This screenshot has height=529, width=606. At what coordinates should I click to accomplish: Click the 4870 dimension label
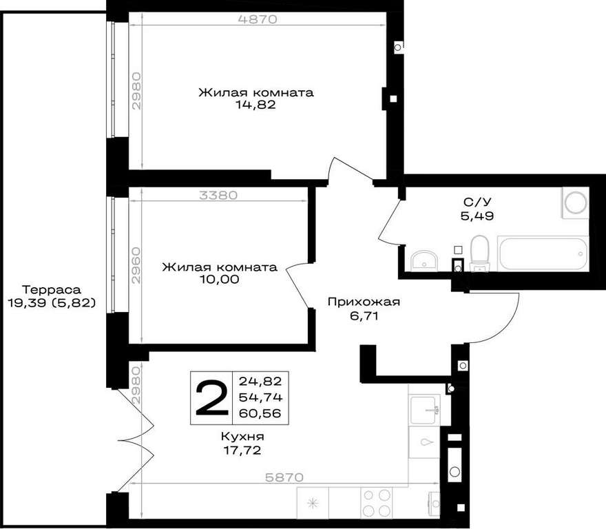(x=258, y=19)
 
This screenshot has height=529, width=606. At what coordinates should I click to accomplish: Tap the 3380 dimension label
(x=218, y=196)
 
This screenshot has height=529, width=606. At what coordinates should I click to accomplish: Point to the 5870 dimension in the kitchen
(x=284, y=477)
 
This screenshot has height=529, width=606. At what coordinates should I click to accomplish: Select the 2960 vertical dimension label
(x=136, y=265)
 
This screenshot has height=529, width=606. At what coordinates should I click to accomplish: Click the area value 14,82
(x=256, y=105)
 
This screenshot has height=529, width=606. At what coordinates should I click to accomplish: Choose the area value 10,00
(x=219, y=279)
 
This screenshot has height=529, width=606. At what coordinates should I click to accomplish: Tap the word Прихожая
(x=364, y=302)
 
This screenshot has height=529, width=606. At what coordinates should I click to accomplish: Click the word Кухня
(x=242, y=437)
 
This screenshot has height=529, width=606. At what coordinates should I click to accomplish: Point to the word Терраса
(x=52, y=289)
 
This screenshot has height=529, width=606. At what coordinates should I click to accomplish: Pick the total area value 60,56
(x=260, y=413)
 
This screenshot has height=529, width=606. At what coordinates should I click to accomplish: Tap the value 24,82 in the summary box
(x=260, y=382)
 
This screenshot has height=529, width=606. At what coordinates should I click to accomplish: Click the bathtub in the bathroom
(x=543, y=253)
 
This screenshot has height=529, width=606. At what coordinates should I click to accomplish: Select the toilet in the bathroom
(x=479, y=253)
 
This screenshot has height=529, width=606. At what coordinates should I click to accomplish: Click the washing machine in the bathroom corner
(x=575, y=203)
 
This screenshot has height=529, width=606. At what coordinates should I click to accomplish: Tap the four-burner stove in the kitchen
(x=377, y=503)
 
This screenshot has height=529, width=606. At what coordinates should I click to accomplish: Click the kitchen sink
(x=425, y=410)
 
